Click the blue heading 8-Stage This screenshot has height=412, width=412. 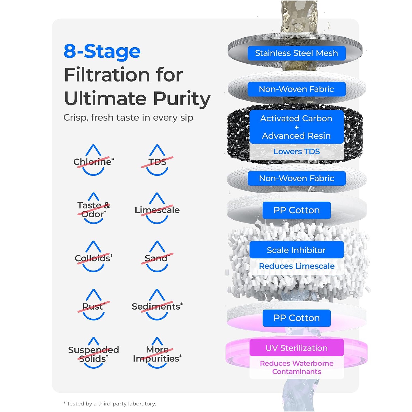pos(102,51)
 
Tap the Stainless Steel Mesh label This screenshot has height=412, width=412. pos(296,53)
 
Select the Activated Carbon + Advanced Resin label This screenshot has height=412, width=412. pos(296,127)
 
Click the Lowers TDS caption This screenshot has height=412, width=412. pos(297,151)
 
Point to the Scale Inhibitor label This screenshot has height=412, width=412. pos(296,250)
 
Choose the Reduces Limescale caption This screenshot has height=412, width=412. pos(297,266)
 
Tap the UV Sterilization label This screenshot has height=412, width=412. pos(297,348)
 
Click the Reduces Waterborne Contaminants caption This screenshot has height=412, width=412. pos(297,367)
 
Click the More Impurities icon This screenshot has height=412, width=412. pos(157,353)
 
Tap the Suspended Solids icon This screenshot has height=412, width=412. pos(93,353)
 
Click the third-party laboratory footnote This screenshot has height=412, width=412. pos(110,403)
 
